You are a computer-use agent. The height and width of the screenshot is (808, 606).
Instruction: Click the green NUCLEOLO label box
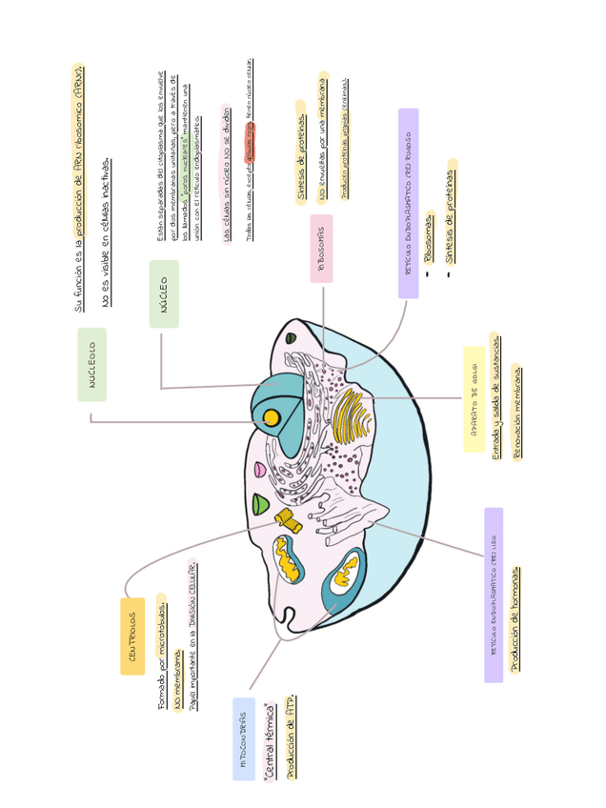point(92,365)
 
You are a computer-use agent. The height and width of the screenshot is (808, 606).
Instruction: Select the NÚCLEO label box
point(164,294)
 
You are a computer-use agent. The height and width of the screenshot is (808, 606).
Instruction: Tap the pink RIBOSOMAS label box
point(321,249)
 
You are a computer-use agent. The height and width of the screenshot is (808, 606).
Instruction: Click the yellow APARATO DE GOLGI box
point(474,413)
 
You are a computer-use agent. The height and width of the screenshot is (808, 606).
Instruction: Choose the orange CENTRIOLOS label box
point(132,636)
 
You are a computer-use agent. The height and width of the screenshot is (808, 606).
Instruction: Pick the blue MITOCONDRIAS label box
point(244,739)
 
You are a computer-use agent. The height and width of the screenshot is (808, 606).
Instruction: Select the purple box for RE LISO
point(494,596)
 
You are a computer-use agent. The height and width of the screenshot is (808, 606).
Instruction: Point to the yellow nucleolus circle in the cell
point(272,417)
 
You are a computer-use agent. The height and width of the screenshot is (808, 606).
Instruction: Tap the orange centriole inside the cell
point(288,518)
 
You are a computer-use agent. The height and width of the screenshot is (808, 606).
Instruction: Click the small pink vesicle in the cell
point(259,470)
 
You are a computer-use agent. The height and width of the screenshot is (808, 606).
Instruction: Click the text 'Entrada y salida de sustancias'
point(495,396)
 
